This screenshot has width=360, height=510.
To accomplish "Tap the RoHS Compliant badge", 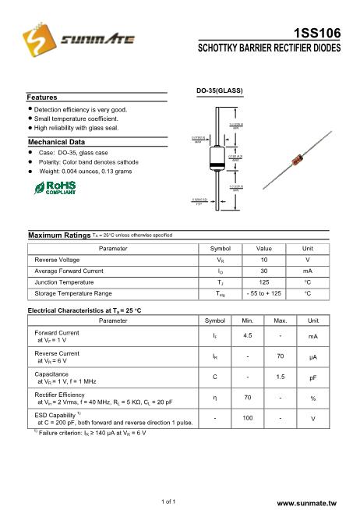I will [55, 187].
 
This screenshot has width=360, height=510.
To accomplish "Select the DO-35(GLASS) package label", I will [219, 91].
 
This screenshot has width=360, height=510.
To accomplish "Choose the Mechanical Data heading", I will [56, 142].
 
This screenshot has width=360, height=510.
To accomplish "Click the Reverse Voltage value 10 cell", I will [264, 259].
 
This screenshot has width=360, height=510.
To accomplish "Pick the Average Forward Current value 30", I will [264, 271].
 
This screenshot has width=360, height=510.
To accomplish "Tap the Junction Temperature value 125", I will [264, 282].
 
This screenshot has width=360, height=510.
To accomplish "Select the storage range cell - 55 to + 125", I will [264, 293].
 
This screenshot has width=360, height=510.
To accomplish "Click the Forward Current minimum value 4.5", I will [248, 335].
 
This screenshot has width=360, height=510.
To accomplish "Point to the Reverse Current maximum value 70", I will [280, 356].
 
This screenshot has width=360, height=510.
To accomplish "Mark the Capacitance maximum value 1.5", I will [280, 377].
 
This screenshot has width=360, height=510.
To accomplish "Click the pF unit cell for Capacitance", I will [313, 377].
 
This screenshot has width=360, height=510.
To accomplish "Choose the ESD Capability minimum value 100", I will [248, 418].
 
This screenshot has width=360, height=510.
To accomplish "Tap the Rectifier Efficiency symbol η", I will [214, 397].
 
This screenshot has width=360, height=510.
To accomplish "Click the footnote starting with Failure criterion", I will [90, 432].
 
